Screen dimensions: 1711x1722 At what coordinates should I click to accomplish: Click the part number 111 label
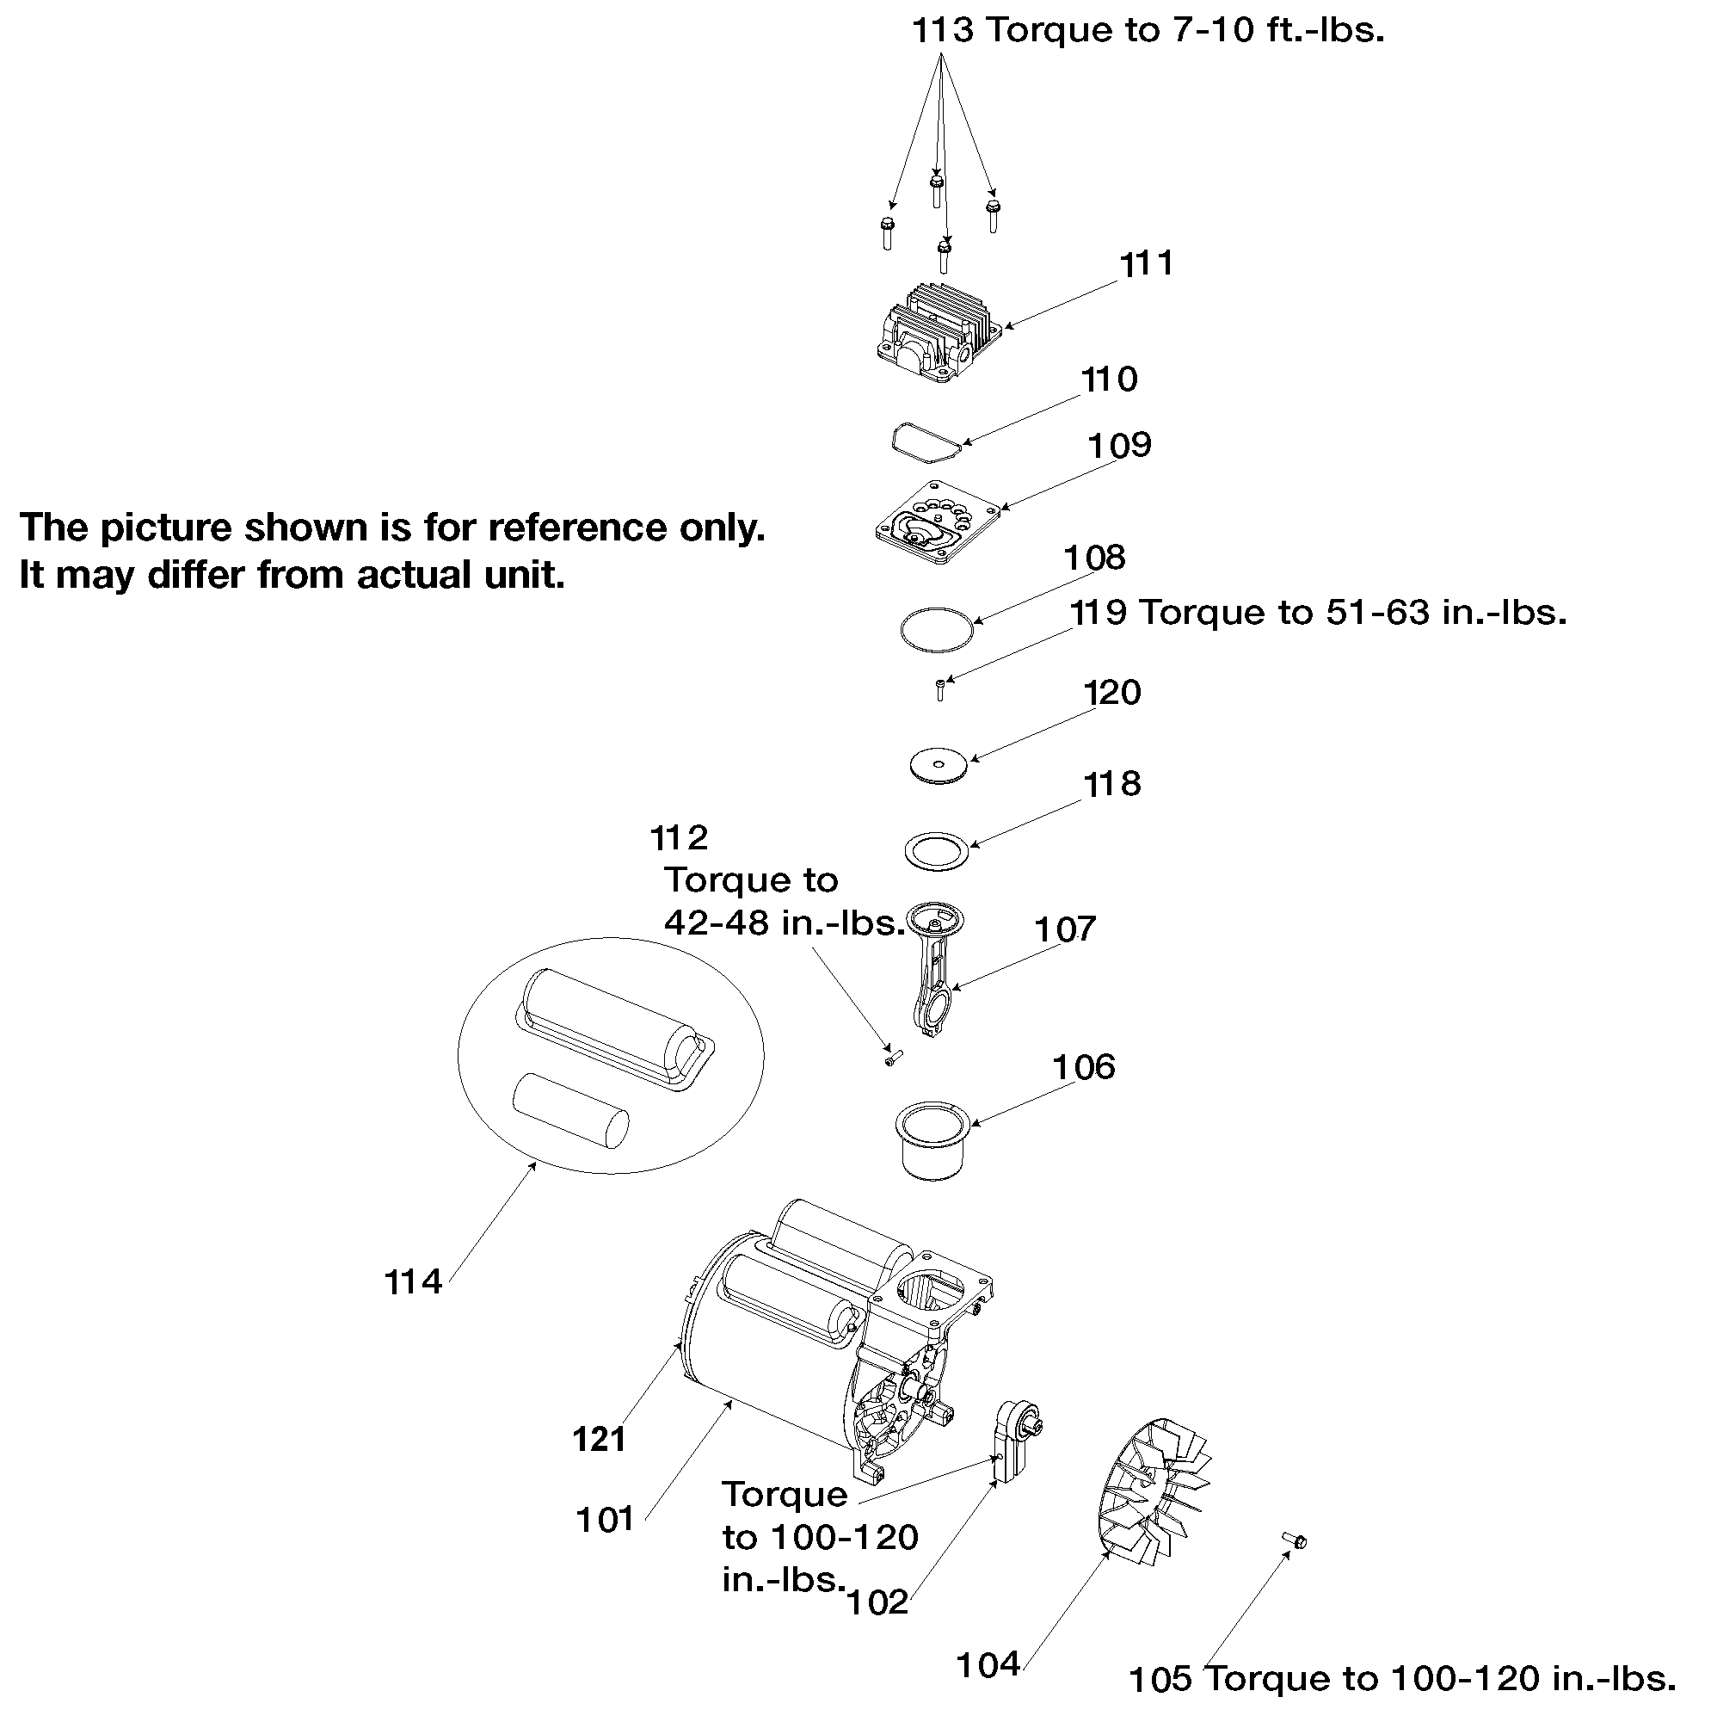[x=1146, y=264]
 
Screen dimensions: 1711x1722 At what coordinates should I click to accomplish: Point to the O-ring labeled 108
[x=936, y=629]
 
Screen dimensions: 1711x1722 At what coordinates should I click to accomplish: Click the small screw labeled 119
[x=940, y=690]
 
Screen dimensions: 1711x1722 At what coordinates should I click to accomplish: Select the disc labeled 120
[x=939, y=766]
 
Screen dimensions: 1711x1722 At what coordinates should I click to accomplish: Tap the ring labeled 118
[x=937, y=851]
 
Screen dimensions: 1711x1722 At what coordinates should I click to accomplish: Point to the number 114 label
[x=413, y=1282]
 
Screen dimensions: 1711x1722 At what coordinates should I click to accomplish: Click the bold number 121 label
[x=600, y=1440]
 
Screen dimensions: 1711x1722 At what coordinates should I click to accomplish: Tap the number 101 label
[x=605, y=1520]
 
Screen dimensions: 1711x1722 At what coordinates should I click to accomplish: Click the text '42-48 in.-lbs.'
[x=785, y=923]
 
